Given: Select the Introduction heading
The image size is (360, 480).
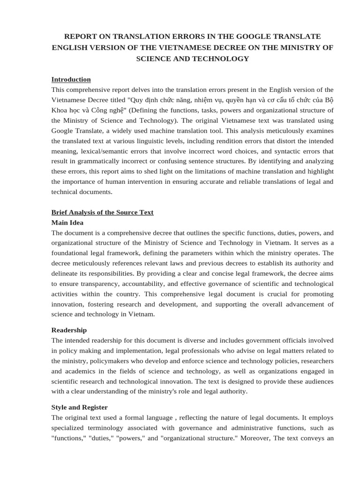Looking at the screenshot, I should [71, 79].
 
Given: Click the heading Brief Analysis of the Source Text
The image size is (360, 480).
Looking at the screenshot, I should [102, 212].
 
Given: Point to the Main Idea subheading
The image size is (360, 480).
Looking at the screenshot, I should [67, 223].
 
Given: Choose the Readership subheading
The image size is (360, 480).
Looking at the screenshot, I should [69, 330].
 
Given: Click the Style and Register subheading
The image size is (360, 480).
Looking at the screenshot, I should [79, 407].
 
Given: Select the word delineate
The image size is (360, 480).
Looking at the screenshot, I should [65, 274].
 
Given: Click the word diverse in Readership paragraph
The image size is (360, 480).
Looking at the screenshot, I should [211, 340].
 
